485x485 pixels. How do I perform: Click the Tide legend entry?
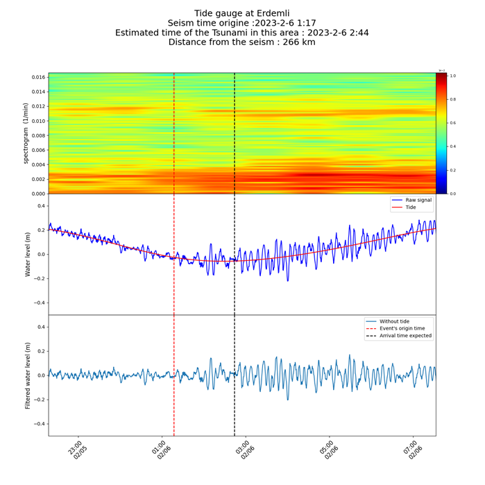point(410,207)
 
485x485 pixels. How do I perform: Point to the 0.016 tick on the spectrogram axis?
point(38,77)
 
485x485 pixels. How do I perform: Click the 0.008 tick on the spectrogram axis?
point(38,135)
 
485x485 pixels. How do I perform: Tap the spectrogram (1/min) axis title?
point(27,133)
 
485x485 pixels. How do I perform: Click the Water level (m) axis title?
point(28,255)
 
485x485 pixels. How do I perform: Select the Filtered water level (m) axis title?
point(28,375)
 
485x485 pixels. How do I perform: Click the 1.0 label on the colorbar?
point(452,76)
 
